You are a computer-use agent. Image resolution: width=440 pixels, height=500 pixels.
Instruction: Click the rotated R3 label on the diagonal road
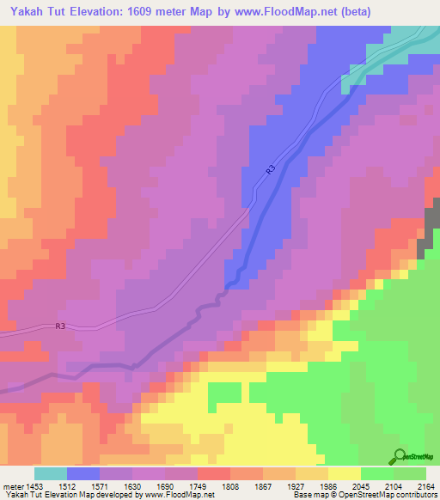270,171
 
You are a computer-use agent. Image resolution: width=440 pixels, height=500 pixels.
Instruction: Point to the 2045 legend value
362,485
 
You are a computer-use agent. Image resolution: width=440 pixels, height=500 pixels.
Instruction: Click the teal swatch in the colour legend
51,473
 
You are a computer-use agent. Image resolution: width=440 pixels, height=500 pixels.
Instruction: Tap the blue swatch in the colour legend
83,473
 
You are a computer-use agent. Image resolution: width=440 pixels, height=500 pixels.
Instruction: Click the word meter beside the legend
12,485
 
